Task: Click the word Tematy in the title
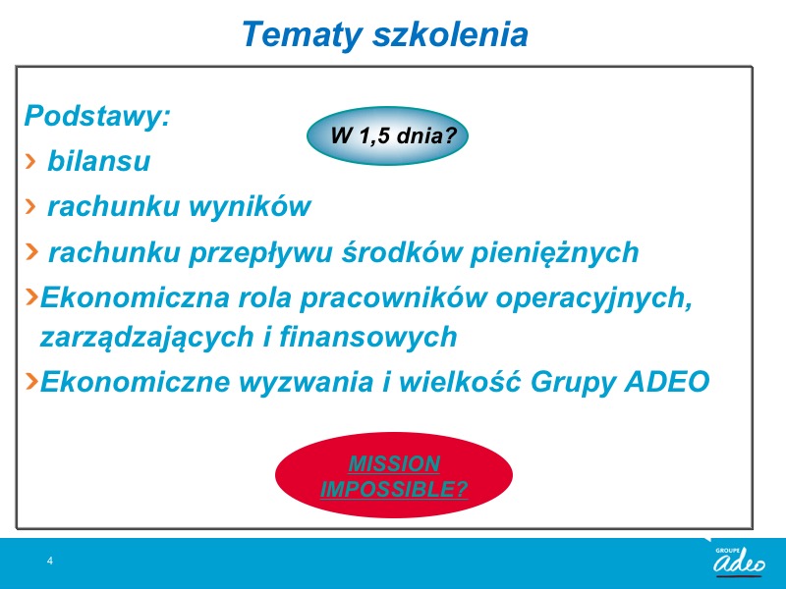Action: point(302,34)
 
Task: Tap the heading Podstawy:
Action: point(97,117)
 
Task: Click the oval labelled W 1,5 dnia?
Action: point(387,135)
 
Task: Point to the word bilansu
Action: point(99,161)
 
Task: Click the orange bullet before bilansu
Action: point(30,161)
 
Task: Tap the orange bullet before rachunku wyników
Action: point(30,206)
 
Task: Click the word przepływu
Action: point(260,252)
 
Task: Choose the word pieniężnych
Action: point(554,252)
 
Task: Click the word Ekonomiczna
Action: point(135,297)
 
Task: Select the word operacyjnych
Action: point(594,298)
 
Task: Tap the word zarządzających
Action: point(151,337)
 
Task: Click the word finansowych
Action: point(367,336)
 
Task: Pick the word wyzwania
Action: point(306,382)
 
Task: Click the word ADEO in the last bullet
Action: point(667,382)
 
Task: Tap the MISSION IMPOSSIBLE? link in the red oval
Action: point(394,476)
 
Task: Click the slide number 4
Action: point(50,561)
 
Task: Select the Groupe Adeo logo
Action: point(740,561)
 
